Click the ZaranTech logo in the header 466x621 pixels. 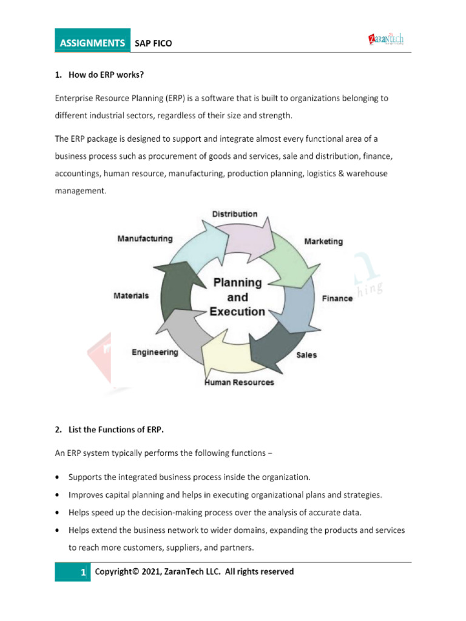pos(386,41)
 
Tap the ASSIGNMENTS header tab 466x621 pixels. pos(92,43)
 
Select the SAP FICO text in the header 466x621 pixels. pos(154,43)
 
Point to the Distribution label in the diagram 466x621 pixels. pos(234,214)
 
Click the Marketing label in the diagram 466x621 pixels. pos(323,241)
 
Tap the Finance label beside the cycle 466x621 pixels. pos(337,298)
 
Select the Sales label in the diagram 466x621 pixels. pos(306,355)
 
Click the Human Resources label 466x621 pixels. pos(239,382)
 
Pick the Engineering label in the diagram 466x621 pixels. pos(155,352)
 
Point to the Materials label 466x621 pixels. pos(131,295)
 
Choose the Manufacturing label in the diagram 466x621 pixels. pos(145,239)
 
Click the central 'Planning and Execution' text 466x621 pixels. pos(237,297)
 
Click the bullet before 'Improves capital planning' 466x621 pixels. pos(57,495)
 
